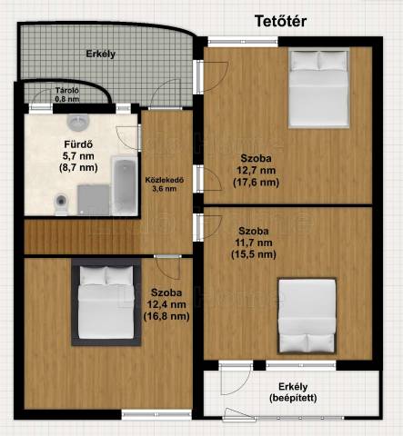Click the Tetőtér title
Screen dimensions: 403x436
click(x=280, y=21)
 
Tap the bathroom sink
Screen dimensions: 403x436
click(x=78, y=123)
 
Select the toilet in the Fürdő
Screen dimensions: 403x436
click(x=62, y=203)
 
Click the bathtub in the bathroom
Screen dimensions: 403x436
click(x=125, y=185)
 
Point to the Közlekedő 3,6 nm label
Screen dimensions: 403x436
click(x=165, y=184)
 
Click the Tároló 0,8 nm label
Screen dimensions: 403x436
click(x=67, y=94)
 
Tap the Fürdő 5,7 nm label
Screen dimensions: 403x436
click(x=78, y=155)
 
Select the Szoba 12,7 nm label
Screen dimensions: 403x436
click(x=257, y=170)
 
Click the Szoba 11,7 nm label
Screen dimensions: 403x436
click(x=254, y=243)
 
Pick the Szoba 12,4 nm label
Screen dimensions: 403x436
click(x=166, y=304)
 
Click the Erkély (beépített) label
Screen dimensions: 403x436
click(x=293, y=392)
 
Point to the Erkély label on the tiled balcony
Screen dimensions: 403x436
click(x=101, y=54)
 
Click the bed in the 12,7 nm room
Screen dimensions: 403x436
click(x=318, y=88)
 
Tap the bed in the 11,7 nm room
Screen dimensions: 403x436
click(x=307, y=316)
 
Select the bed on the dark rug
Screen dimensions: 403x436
click(x=106, y=302)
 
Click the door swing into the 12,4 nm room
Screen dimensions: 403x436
click(x=167, y=268)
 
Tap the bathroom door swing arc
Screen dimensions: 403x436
click(x=127, y=138)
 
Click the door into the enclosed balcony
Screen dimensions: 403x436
click(x=236, y=379)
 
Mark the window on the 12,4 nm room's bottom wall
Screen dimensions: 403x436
click(x=156, y=414)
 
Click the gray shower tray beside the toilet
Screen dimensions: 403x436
click(x=94, y=200)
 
